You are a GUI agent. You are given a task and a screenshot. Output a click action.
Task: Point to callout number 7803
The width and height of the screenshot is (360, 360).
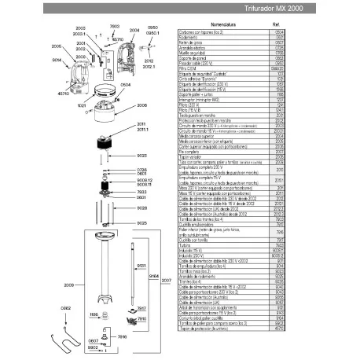[x=114, y=27]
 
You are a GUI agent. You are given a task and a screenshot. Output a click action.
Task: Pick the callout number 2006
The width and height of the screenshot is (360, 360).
[x=142, y=105]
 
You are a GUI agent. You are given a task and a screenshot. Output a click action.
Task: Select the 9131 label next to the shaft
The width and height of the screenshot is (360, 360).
[x=142, y=267]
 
